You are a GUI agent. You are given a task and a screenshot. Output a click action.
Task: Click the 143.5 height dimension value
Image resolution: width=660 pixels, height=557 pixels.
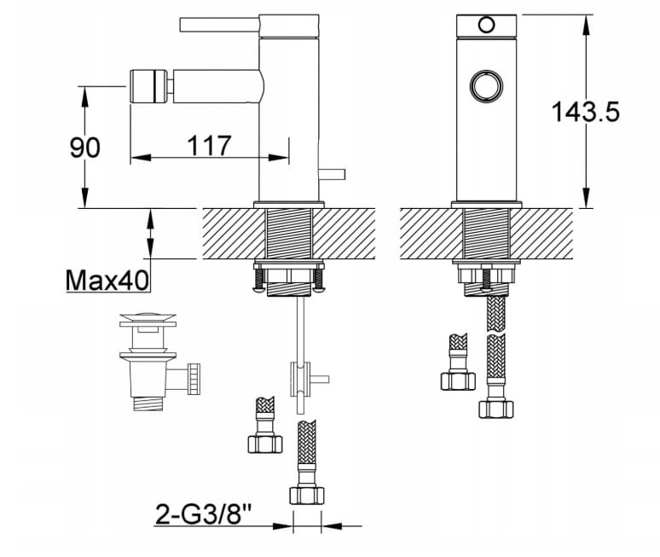click(x=585, y=112)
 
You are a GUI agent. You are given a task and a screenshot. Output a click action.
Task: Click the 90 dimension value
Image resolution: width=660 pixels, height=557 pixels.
click(x=85, y=147)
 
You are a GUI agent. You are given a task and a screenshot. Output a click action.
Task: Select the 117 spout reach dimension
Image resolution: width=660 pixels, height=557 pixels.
click(x=209, y=145)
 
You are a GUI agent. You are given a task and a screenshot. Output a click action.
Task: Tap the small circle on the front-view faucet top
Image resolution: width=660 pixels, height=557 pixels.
click(x=486, y=25)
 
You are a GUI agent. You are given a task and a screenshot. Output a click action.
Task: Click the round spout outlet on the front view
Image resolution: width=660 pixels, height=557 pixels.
click(x=485, y=85)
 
